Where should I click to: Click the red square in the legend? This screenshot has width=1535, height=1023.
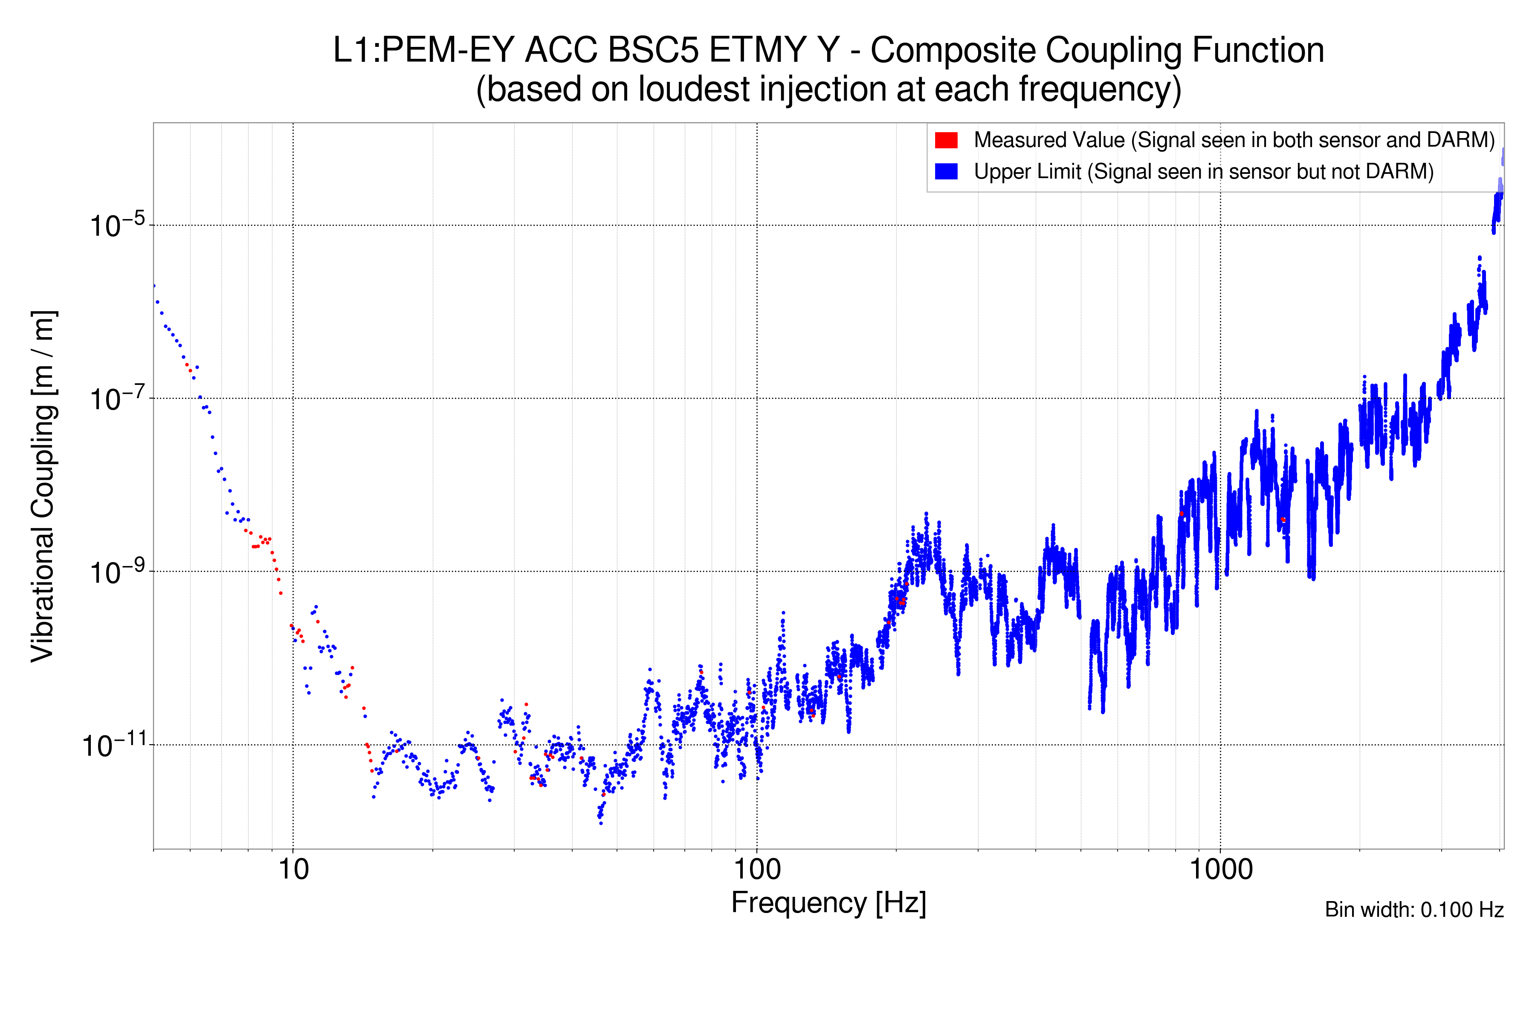946,140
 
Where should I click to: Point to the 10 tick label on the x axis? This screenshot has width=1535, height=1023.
293,870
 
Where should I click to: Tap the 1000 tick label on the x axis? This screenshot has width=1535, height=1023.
1220,870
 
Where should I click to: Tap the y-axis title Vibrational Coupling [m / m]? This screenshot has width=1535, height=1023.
44,486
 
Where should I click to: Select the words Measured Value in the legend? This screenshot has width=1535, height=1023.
1049,140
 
